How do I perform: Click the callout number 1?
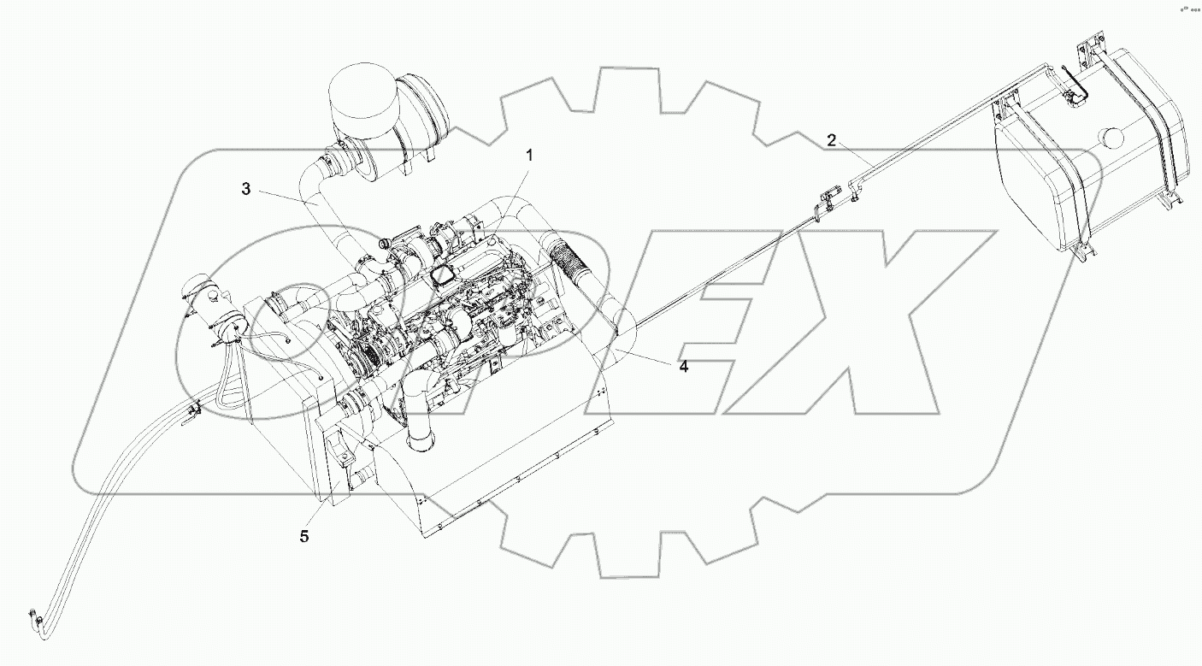point(529,156)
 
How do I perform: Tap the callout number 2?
point(831,140)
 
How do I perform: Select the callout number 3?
point(245,190)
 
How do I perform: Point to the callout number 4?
point(683,367)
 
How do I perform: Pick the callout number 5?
point(304,537)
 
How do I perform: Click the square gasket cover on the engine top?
point(444,274)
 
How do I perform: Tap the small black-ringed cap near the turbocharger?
point(384,245)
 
